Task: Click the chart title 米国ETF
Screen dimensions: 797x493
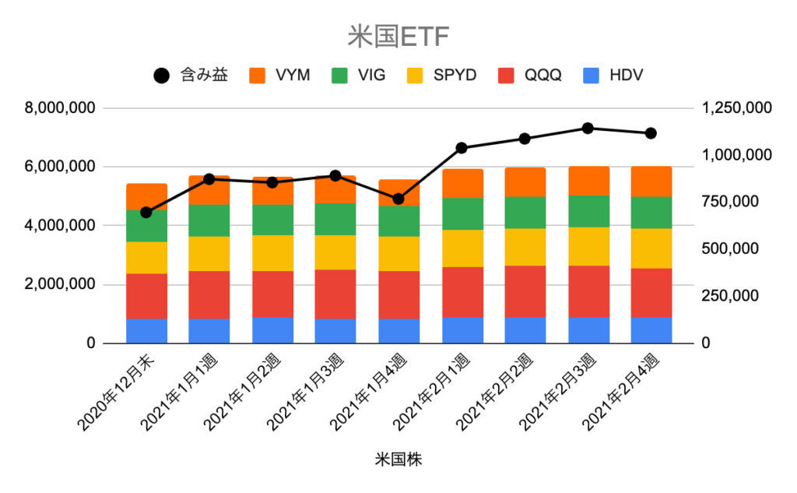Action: tap(398, 37)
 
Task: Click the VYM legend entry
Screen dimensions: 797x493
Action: tap(279, 76)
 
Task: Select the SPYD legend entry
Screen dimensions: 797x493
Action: tap(442, 76)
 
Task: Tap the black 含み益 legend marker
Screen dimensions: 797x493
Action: tap(162, 76)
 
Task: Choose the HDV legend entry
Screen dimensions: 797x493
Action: tap(613, 76)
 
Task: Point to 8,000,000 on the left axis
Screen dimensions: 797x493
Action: tap(60, 107)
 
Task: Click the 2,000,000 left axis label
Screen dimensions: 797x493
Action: tap(60, 284)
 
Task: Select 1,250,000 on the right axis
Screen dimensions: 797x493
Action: tap(736, 107)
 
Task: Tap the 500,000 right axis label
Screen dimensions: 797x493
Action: tap(730, 248)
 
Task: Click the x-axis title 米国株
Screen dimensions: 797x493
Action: tap(398, 460)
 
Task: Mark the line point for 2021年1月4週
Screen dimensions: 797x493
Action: tap(398, 199)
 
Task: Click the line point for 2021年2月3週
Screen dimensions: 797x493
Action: tap(588, 129)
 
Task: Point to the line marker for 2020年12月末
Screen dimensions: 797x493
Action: tap(146, 212)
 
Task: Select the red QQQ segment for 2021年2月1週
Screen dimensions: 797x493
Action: tap(462, 293)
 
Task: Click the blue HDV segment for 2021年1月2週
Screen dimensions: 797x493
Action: tap(273, 331)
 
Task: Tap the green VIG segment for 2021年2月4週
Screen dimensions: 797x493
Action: tap(651, 213)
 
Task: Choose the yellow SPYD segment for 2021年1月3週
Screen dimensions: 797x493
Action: tap(335, 252)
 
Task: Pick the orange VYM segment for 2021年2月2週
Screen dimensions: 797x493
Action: tap(525, 182)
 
